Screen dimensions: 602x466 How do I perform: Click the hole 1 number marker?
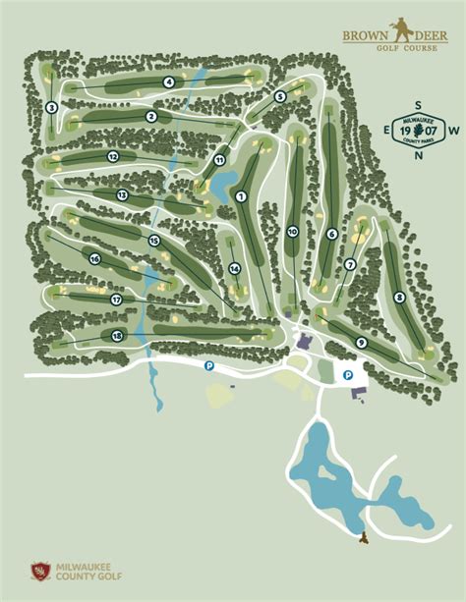[x=240, y=197]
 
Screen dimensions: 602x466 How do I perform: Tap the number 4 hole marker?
[x=169, y=82]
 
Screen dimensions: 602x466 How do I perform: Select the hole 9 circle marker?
[x=362, y=342]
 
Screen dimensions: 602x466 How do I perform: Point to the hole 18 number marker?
[x=118, y=336]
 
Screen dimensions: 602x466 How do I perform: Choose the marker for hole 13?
[x=122, y=195]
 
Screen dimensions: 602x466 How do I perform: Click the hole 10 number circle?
[x=292, y=231]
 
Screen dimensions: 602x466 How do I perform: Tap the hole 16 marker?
[x=95, y=259]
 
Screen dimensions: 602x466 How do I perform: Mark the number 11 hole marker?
[x=220, y=160]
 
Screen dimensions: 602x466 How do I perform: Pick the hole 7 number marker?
[x=350, y=264]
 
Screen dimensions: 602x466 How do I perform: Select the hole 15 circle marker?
[x=153, y=241]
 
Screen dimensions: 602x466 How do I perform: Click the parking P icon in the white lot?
[x=347, y=374]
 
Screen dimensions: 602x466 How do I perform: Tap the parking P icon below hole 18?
[x=208, y=365]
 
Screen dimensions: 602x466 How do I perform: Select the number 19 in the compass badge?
[x=406, y=130]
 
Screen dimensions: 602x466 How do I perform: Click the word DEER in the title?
[x=426, y=35]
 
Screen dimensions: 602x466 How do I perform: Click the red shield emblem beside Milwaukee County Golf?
[x=39, y=570]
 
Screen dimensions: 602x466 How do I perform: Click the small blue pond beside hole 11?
[x=222, y=182]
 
